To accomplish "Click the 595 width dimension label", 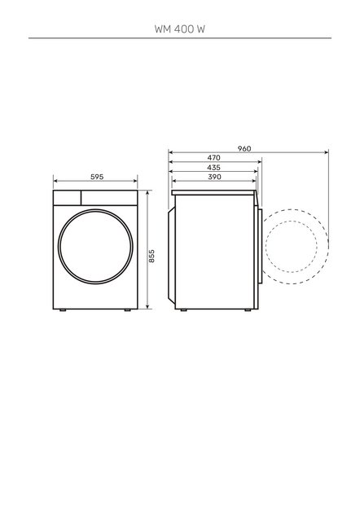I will [97, 177].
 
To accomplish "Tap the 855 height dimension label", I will [151, 257].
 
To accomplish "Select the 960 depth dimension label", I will [244, 148].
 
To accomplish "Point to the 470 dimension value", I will [213, 157].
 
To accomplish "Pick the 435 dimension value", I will [213, 167].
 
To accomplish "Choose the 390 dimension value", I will [213, 177].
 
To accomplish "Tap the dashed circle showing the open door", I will [296, 243].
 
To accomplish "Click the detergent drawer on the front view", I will [67, 198].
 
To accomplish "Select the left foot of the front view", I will [62, 309].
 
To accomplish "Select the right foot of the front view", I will [130, 309].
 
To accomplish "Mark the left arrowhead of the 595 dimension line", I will [55, 182].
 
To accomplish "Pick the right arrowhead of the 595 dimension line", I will [137, 182].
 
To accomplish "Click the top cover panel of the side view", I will [216, 192].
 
